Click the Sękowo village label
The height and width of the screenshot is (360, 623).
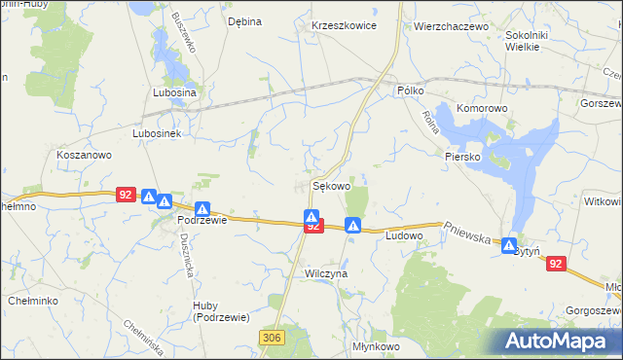(x=331, y=184)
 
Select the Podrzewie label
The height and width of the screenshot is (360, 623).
(x=202, y=220)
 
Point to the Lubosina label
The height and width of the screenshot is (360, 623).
(x=174, y=92)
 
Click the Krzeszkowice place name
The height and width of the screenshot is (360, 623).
(x=344, y=26)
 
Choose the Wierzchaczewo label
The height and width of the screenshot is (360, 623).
(x=450, y=26)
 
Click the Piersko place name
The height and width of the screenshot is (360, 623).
(x=463, y=156)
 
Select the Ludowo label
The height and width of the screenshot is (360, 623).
(x=404, y=235)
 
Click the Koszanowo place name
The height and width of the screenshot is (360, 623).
(x=85, y=155)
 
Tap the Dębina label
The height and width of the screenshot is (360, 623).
(x=244, y=20)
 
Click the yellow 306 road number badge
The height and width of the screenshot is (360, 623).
(x=272, y=336)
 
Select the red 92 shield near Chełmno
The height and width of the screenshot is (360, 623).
(x=124, y=195)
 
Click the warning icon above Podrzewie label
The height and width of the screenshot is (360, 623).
(x=202, y=208)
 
